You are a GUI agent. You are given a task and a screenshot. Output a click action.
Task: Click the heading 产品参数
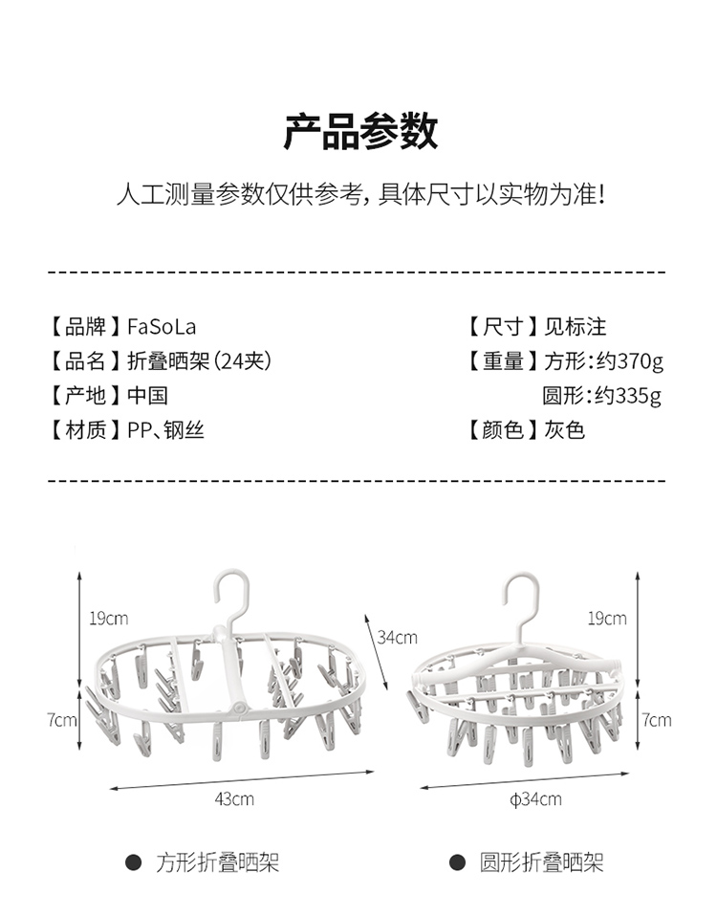click(x=359, y=131)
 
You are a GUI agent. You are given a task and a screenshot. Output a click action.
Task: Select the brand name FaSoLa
click(x=162, y=327)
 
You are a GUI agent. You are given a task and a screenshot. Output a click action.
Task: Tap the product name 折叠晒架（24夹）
click(x=200, y=361)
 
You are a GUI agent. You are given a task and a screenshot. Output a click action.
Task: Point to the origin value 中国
click(x=147, y=396)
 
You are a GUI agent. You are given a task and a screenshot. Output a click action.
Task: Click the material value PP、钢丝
click(x=165, y=430)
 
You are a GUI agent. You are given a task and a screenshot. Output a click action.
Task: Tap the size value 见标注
click(x=576, y=327)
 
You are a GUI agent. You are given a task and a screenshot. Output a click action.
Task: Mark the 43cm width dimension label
click(x=235, y=797)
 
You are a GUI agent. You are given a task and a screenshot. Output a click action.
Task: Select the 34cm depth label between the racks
click(x=398, y=637)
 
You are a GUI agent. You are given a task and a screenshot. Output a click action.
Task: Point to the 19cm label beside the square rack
click(x=108, y=619)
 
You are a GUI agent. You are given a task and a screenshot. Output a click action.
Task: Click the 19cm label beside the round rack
click(x=607, y=619)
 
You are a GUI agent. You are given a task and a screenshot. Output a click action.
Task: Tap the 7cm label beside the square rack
click(x=62, y=719)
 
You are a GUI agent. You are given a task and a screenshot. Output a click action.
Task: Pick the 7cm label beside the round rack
click(x=657, y=719)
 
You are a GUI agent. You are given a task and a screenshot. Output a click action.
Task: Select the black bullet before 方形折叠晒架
click(x=135, y=863)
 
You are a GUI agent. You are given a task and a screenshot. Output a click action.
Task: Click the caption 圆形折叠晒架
click(x=541, y=863)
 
